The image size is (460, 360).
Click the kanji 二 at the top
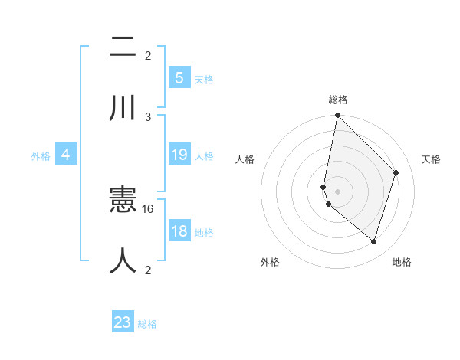click(123, 47)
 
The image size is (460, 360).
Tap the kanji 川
click(123, 108)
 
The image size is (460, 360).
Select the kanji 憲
click(123, 201)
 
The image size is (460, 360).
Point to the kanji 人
click(123, 260)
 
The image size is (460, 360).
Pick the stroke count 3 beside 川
click(148, 116)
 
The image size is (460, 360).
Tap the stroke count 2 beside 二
click(148, 55)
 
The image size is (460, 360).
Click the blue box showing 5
click(179, 78)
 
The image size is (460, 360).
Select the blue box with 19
click(179, 155)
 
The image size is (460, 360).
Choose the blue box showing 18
click(179, 231)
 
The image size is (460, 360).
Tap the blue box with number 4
click(66, 155)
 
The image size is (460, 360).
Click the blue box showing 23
click(123, 322)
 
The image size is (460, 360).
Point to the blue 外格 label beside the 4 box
click(41, 156)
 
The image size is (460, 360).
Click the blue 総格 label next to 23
click(147, 324)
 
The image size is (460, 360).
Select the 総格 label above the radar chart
click(337, 100)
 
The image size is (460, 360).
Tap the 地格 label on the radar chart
click(402, 262)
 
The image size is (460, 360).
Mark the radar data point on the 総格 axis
click(337, 116)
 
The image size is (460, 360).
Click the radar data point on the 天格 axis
click(396, 172)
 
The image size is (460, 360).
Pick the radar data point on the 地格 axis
click(373, 241)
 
